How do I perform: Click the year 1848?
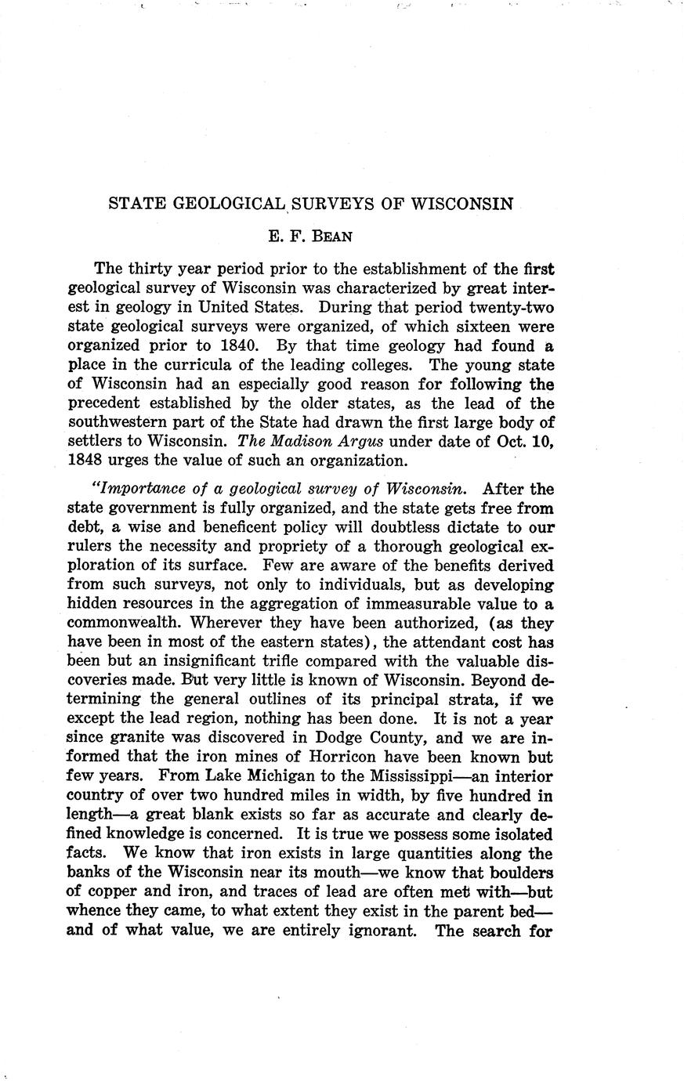pyautogui.click(x=87, y=461)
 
